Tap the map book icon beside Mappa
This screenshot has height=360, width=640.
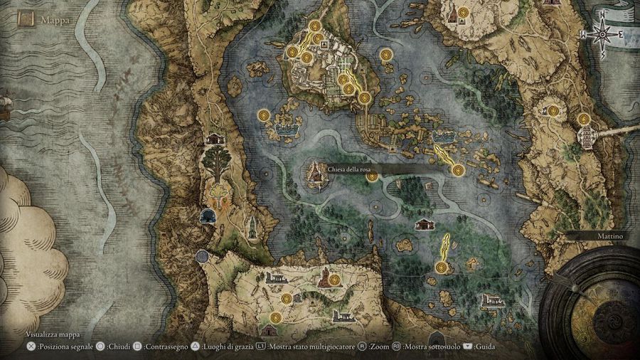(x=27, y=19)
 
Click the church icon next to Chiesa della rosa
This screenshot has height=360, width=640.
(x=316, y=172)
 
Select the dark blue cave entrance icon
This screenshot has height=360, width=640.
(x=208, y=215)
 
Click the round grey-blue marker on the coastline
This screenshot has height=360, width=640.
(x=202, y=256)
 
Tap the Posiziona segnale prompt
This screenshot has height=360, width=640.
(x=64, y=347)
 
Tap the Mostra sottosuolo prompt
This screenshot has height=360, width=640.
(x=426, y=347)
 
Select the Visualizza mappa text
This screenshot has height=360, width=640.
(x=53, y=334)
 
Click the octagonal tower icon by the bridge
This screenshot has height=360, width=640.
(x=587, y=136)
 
